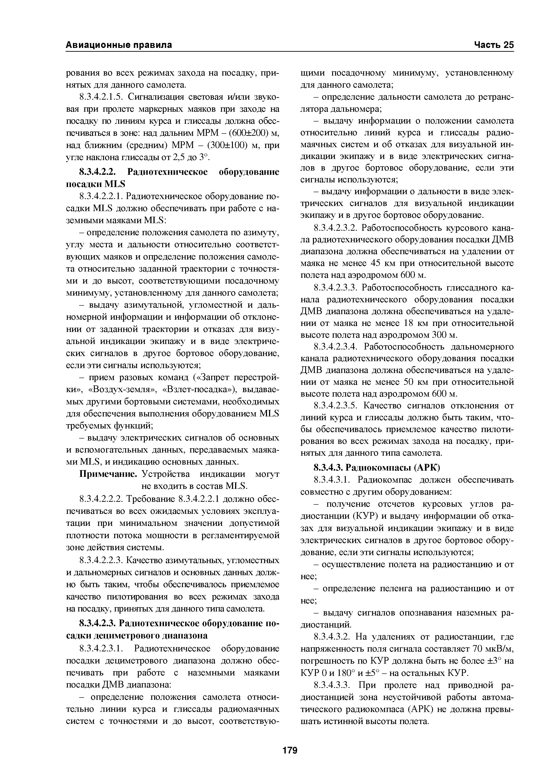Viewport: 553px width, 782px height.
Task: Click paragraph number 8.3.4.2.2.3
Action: click(x=101, y=560)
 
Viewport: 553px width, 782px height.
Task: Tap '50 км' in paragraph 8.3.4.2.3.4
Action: click(x=415, y=382)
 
